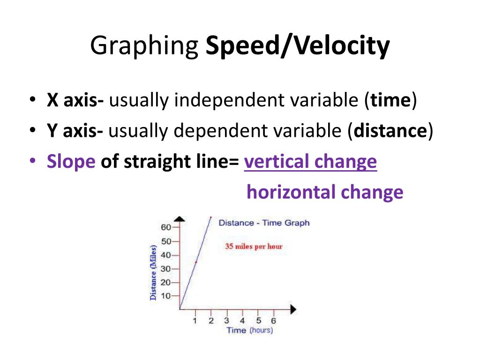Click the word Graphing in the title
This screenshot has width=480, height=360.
click(x=144, y=46)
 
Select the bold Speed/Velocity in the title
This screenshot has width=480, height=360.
click(x=298, y=46)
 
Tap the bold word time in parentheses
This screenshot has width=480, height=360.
click(x=390, y=100)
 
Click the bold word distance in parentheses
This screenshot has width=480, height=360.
click(x=390, y=130)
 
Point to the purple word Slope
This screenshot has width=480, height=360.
click(x=71, y=162)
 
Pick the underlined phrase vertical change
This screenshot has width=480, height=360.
click(x=310, y=162)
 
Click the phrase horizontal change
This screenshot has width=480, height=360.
click(x=325, y=192)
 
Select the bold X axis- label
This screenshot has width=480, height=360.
click(x=75, y=100)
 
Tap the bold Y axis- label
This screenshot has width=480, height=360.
click(x=75, y=130)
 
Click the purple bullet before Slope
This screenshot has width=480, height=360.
click(x=33, y=160)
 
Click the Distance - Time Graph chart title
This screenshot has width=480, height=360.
click(x=264, y=223)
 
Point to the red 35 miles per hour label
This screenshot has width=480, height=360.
click(x=254, y=246)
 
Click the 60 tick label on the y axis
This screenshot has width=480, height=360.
click(x=166, y=227)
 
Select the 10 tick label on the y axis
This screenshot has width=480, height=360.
click(x=165, y=296)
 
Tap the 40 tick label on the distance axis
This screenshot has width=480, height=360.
click(x=166, y=255)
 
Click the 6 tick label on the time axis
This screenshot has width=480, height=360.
click(x=273, y=321)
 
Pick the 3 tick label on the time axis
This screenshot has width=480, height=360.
click(x=226, y=321)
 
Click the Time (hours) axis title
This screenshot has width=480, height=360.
click(x=250, y=330)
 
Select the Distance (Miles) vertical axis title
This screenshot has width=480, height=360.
click(x=153, y=273)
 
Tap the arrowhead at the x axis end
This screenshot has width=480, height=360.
click(x=293, y=309)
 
